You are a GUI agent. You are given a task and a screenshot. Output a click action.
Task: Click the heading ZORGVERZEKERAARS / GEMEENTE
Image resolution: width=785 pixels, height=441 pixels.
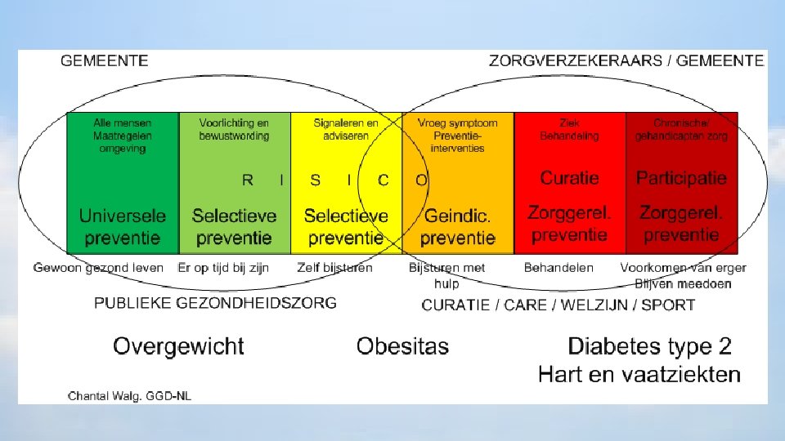point(626,60)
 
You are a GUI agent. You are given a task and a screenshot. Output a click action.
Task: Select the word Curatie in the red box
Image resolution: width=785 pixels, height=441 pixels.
point(569,178)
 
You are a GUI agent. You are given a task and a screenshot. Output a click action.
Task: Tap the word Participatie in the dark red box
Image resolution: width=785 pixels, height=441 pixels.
point(681,178)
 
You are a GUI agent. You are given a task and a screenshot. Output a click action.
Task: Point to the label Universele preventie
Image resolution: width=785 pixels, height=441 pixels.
point(122,227)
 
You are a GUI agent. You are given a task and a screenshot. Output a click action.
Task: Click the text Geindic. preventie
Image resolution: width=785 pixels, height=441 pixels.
point(458,227)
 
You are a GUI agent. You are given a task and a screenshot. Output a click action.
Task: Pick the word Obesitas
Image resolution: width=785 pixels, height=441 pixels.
point(402,346)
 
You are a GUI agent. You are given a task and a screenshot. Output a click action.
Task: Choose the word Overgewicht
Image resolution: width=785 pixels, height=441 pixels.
point(178,346)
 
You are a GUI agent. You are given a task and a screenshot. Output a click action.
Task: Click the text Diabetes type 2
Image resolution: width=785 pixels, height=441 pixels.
point(649,346)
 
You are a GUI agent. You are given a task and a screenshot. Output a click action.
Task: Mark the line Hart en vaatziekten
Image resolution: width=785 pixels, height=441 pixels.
point(639,375)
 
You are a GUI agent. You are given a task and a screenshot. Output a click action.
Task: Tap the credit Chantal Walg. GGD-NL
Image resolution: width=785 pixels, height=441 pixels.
point(129,396)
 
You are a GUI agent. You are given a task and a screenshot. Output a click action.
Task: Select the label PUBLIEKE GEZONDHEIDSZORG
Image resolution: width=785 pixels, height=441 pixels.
point(215,303)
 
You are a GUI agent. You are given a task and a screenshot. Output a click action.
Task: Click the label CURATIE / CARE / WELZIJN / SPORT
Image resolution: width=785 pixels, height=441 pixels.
point(558,305)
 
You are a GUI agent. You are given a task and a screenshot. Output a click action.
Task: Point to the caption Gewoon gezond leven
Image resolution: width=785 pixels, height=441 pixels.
point(98,268)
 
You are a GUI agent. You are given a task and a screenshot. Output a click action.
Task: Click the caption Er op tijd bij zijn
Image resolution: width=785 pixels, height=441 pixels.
point(223,268)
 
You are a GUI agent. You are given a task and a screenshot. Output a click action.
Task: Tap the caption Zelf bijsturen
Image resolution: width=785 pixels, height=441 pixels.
point(335,268)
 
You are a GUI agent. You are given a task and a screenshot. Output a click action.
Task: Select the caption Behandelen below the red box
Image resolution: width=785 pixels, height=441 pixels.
point(558,268)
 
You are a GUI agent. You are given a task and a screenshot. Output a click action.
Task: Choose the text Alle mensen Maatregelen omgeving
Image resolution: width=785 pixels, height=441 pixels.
point(122,136)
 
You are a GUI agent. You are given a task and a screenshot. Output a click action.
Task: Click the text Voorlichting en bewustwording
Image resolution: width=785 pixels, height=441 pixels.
point(234,130)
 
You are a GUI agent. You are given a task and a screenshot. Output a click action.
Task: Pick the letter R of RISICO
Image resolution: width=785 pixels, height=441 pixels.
point(248,180)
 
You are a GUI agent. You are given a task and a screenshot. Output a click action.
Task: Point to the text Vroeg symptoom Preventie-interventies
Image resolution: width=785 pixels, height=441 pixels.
point(457,136)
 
